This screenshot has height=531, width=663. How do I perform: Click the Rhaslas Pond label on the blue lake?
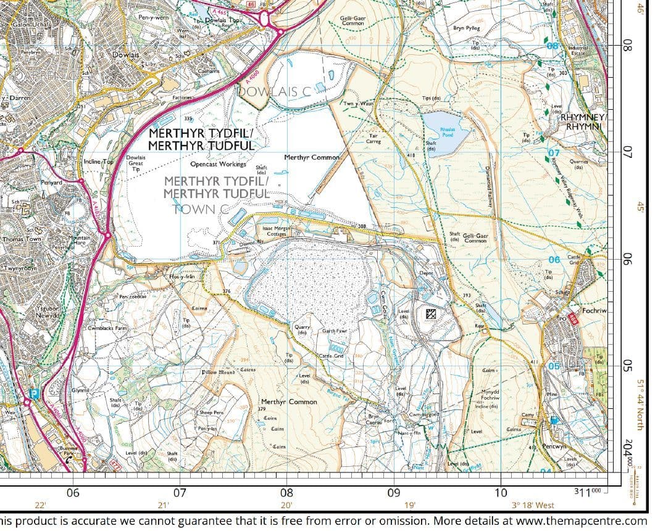(448, 132)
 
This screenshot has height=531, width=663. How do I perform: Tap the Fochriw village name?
(595, 311)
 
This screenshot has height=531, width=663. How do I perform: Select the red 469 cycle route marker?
(572, 319)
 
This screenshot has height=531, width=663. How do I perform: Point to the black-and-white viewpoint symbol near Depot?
(430, 314)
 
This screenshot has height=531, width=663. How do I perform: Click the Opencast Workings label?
(218, 164)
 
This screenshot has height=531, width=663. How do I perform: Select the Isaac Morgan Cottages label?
(277, 231)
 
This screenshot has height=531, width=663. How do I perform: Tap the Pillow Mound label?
(218, 373)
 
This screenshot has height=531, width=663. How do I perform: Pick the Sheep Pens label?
(211, 412)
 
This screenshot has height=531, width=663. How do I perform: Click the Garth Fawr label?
(333, 331)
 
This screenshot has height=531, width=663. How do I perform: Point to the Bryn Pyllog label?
(466, 28)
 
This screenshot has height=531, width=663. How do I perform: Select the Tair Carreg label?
(373, 138)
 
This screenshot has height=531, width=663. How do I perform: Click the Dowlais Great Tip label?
(136, 163)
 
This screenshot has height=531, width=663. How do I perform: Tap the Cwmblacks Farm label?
(107, 328)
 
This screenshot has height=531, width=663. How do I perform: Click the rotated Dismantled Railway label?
(488, 192)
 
